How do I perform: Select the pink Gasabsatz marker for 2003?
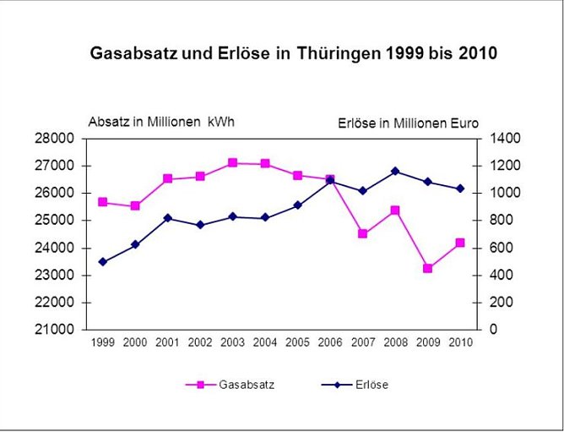point(232,162)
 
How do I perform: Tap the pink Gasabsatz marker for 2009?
point(428,269)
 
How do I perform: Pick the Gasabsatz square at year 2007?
point(363,233)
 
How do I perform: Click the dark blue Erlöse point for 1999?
point(103,262)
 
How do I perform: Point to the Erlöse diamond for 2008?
point(395,171)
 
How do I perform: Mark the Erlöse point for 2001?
point(168,218)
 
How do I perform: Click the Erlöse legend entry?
point(355,385)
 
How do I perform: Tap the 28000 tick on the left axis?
point(59,138)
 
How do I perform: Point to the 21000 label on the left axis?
point(59,330)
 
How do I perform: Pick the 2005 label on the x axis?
point(298,342)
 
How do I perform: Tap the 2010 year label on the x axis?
point(460,342)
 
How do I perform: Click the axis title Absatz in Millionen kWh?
point(161,121)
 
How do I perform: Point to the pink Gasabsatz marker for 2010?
point(460,243)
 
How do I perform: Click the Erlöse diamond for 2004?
point(265,218)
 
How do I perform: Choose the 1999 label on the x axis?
point(103,342)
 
